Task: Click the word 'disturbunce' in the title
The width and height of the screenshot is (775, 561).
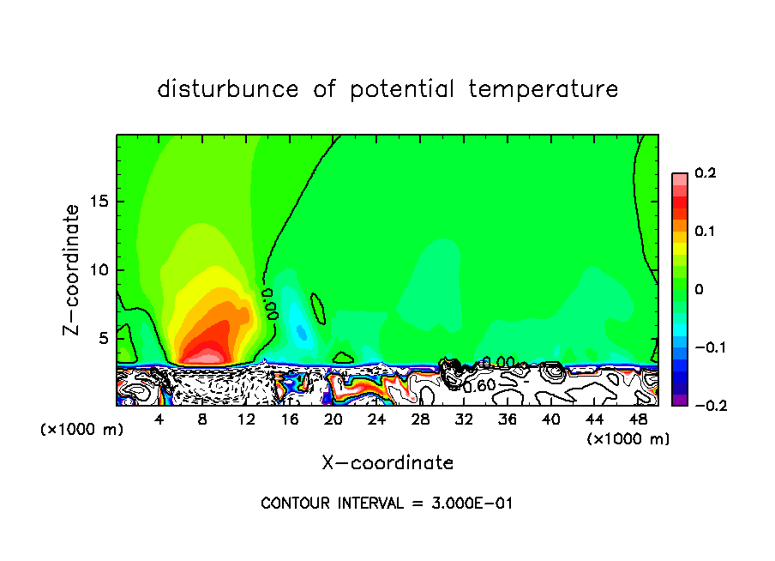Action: [x=227, y=89]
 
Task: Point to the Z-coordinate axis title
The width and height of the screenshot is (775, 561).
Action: [x=74, y=269]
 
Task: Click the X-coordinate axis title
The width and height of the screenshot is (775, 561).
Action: [x=387, y=463]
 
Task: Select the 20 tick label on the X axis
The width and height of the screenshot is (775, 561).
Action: [x=333, y=419]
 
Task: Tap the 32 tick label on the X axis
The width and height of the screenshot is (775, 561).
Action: [x=464, y=419]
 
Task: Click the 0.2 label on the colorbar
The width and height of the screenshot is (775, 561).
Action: [x=705, y=173]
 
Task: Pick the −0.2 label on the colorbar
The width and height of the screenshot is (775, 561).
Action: [x=703, y=406]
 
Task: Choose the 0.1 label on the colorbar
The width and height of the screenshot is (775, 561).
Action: [x=705, y=232]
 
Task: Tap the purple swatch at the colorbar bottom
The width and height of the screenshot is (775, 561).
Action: [x=680, y=399]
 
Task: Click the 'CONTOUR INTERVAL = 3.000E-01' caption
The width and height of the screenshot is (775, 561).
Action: [x=387, y=504]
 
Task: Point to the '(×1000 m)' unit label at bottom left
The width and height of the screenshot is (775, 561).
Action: [x=82, y=430]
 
